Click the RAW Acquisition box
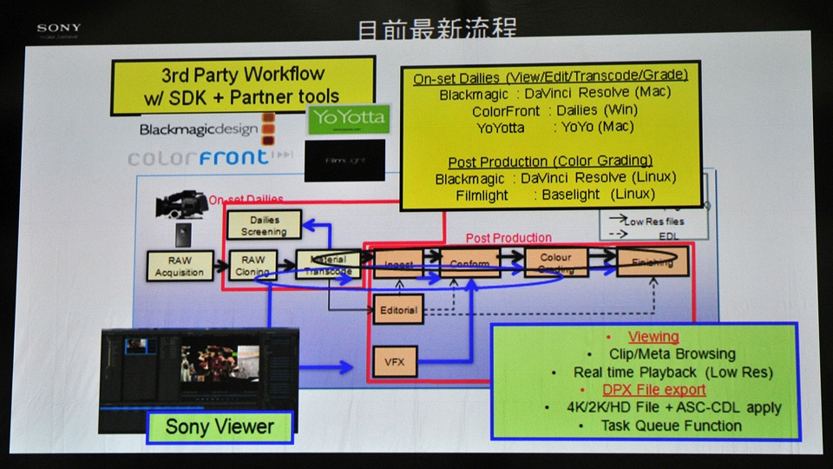point(179,267)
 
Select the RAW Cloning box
point(253,266)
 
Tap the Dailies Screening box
point(264,226)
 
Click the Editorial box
point(398,310)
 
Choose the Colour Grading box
point(554,262)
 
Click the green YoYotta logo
point(348,119)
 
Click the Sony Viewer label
point(219,426)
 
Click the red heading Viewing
point(653,337)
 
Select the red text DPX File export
point(654,390)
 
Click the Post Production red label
point(508,237)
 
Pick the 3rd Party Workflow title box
point(242,85)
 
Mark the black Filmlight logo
point(346,160)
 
